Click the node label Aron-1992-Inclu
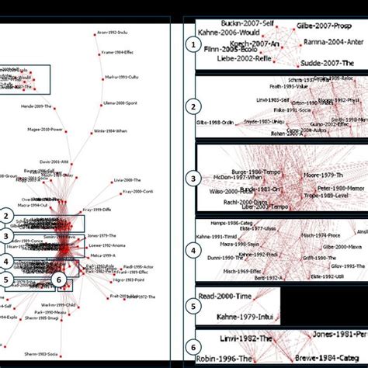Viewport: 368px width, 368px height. point(112,35)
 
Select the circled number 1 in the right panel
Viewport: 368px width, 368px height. point(191,46)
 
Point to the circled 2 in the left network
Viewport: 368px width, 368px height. point(7,217)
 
